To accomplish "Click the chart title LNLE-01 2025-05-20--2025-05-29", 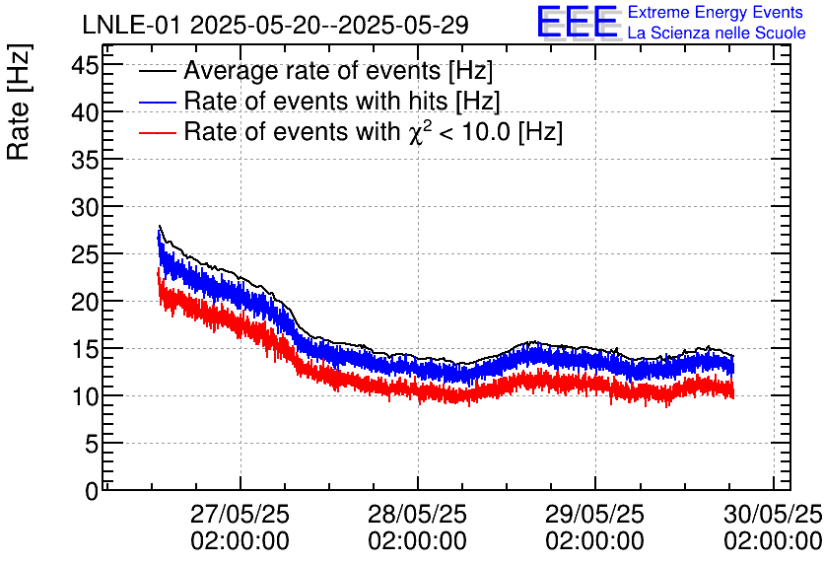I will (x=275, y=22).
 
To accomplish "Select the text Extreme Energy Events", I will (x=715, y=13).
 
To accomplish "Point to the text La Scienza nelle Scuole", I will (x=717, y=34).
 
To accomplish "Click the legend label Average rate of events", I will (x=338, y=72).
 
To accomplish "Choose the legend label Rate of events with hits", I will (x=342, y=102).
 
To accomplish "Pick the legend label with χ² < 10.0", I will (x=374, y=131).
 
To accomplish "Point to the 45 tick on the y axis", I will (x=87, y=65).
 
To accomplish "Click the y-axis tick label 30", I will (x=87, y=207).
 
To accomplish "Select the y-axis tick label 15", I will (x=87, y=349).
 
